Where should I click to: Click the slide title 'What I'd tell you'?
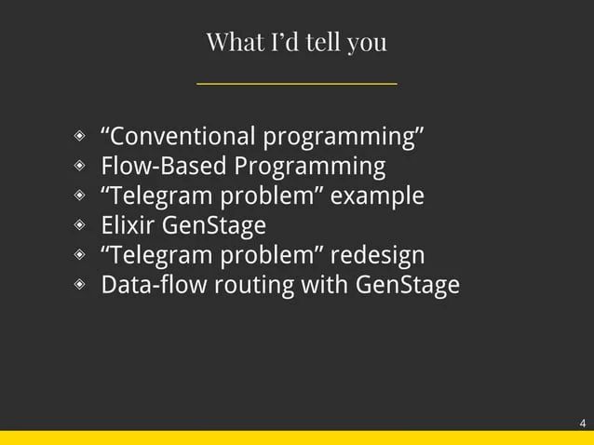click(296, 42)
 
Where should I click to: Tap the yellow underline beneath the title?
click(296, 84)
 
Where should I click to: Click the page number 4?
click(582, 424)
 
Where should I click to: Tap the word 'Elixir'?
click(128, 225)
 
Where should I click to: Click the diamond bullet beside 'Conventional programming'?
click(81, 138)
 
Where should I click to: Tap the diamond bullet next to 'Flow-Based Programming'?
click(81, 167)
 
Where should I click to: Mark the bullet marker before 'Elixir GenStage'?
click(81, 225)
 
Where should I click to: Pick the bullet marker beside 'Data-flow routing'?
click(81, 285)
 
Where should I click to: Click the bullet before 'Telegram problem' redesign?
click(81, 255)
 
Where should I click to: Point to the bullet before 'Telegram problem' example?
click(81, 196)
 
